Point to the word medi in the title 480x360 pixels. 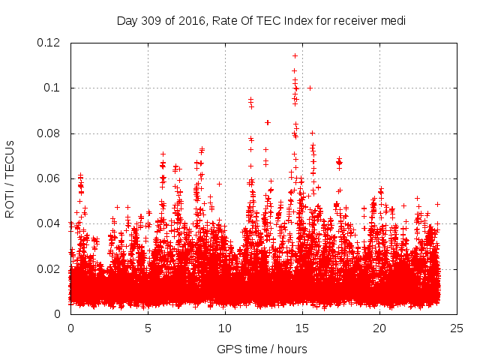pos(393,21)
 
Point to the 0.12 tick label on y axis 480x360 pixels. pos(51,43)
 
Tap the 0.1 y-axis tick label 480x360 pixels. pos(54,88)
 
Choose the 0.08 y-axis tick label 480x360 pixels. pos(51,133)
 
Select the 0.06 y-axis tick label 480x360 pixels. pos(51,178)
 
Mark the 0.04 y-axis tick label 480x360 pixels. pos(51,223)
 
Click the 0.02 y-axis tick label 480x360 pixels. pos(51,268)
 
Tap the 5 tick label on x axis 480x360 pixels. pos(148,328)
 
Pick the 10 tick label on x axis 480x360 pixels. pos(225,328)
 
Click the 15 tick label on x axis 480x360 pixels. pos(302,328)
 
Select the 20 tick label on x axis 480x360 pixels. pos(379,328)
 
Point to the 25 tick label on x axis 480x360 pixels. pos(457,328)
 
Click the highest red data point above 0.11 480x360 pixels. pos(295,55)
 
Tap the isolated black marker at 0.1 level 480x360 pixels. pos(310,88)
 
